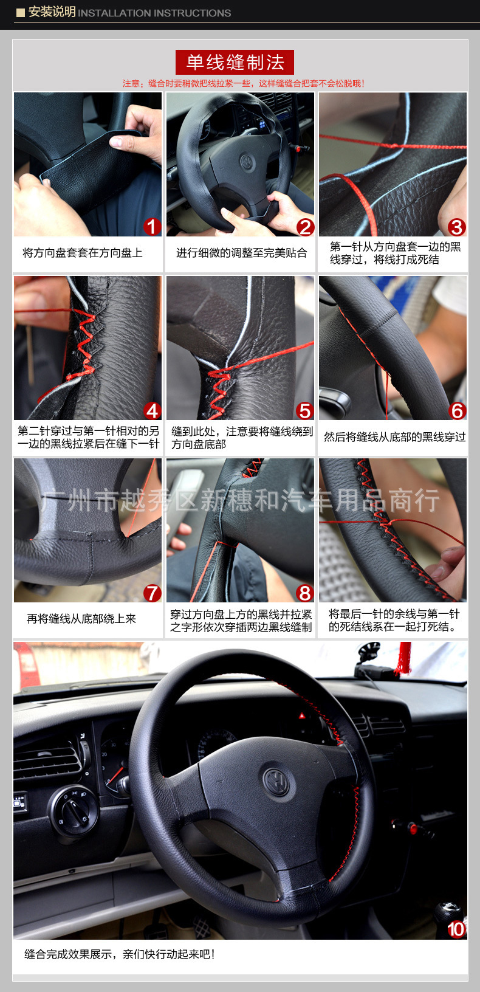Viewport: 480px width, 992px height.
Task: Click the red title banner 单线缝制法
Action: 235,62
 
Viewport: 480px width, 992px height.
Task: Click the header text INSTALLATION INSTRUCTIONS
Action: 154,13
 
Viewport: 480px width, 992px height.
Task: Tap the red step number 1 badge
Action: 152,227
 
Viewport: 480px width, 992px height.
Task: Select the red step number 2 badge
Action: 305,227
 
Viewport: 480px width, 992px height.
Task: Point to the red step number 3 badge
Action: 456,227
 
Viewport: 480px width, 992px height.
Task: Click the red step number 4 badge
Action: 152,411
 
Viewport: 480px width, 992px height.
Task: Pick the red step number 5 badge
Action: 305,411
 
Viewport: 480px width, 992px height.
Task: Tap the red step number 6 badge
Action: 457,411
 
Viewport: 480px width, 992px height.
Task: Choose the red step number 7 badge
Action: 152,593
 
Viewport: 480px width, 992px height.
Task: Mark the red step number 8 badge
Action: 305,593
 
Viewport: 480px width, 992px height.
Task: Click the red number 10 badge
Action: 456,929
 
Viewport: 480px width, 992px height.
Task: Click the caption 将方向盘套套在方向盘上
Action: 83,253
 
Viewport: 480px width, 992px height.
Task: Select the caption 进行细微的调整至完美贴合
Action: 241,253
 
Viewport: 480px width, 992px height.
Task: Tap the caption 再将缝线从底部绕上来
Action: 81,619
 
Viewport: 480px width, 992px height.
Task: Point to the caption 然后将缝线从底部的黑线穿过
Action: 394,437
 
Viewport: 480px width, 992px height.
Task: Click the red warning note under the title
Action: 243,83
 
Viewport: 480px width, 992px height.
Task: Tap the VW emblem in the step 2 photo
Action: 247,162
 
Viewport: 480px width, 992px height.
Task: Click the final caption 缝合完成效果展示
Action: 120,954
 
